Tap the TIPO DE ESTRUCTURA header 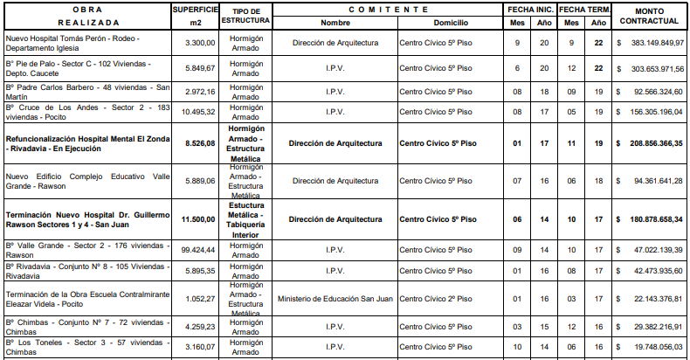click(245, 15)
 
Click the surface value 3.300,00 click(198, 42)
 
